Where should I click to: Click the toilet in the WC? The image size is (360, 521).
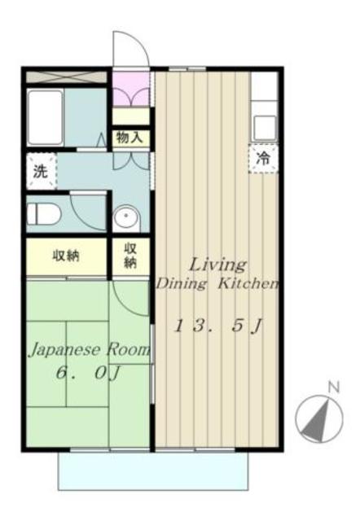coord(44,213)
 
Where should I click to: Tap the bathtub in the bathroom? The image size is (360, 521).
coord(46,117)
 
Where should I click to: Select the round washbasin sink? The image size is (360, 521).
coord(126,217)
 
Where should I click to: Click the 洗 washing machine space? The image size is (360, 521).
coord(42,171)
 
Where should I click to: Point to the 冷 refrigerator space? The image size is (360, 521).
coord(264,159)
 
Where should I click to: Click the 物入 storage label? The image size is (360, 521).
coord(130,137)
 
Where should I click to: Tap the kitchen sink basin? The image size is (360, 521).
coord(265,128)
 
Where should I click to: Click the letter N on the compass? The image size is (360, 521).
coord(333,387)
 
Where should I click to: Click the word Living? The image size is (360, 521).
coord(217,265)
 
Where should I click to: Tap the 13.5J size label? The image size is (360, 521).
coord(218,326)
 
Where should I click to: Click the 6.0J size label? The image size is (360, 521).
coord(87,374)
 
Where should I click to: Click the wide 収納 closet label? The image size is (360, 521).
coord(66,256)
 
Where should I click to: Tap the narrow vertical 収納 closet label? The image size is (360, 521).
coord(130,256)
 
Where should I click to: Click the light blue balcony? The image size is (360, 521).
coord(153,471)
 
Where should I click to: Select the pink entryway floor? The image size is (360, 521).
coord(130,89)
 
